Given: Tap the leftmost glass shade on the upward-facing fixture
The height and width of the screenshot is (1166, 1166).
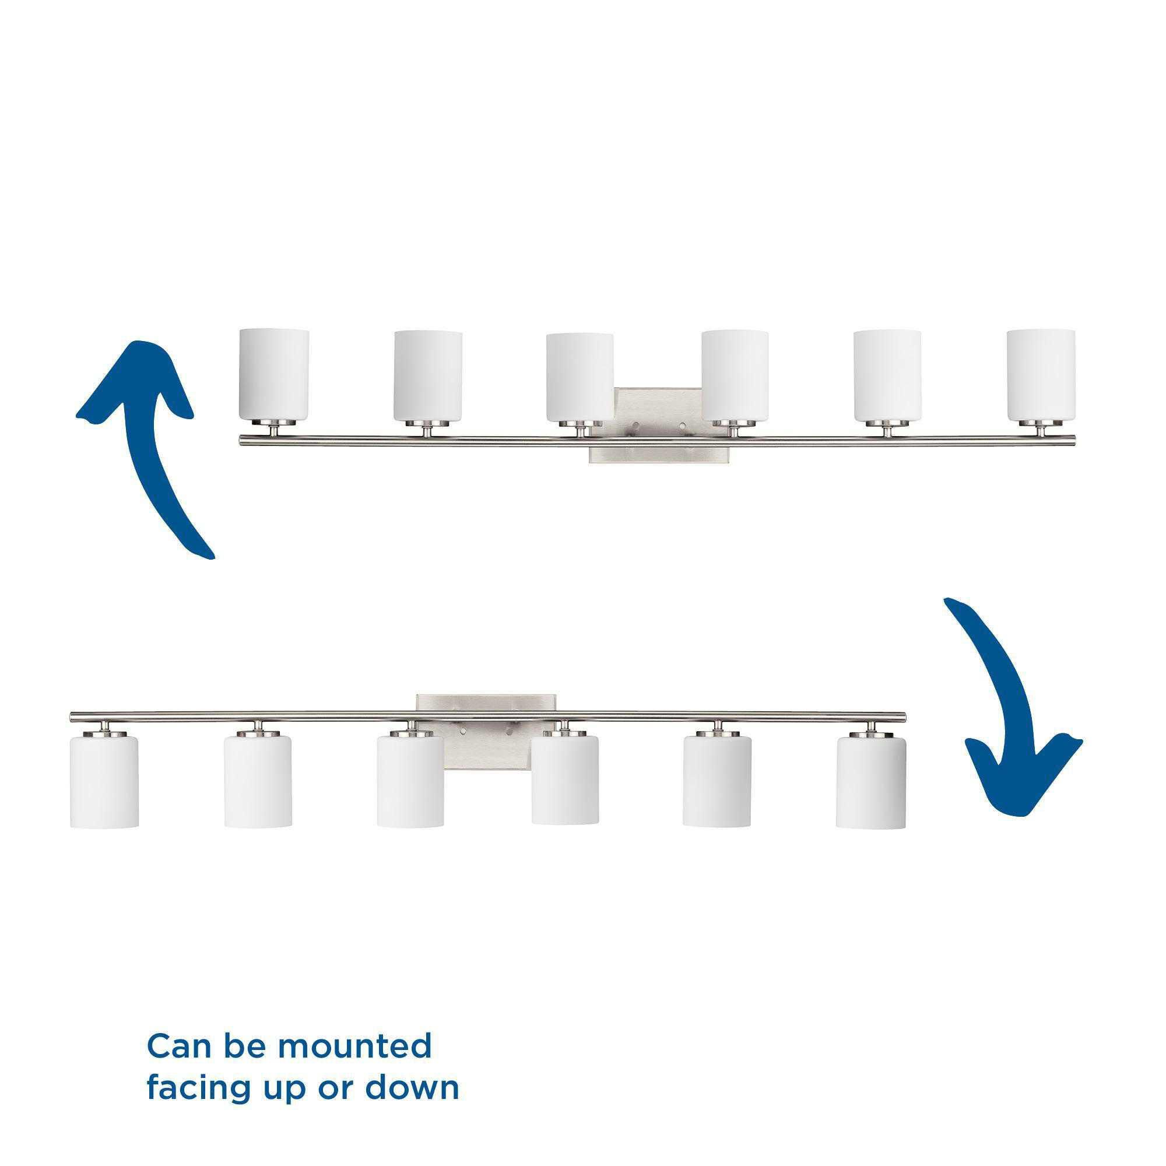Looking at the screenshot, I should pos(275,374).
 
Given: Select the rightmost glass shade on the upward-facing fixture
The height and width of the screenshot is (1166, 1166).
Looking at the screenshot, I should pos(1041,374).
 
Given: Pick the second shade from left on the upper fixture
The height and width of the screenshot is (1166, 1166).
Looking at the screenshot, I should pos(428,374).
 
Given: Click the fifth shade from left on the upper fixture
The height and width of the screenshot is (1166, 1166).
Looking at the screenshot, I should pos(887,374).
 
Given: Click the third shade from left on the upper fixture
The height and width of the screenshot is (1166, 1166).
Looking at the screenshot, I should pos(580,374).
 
